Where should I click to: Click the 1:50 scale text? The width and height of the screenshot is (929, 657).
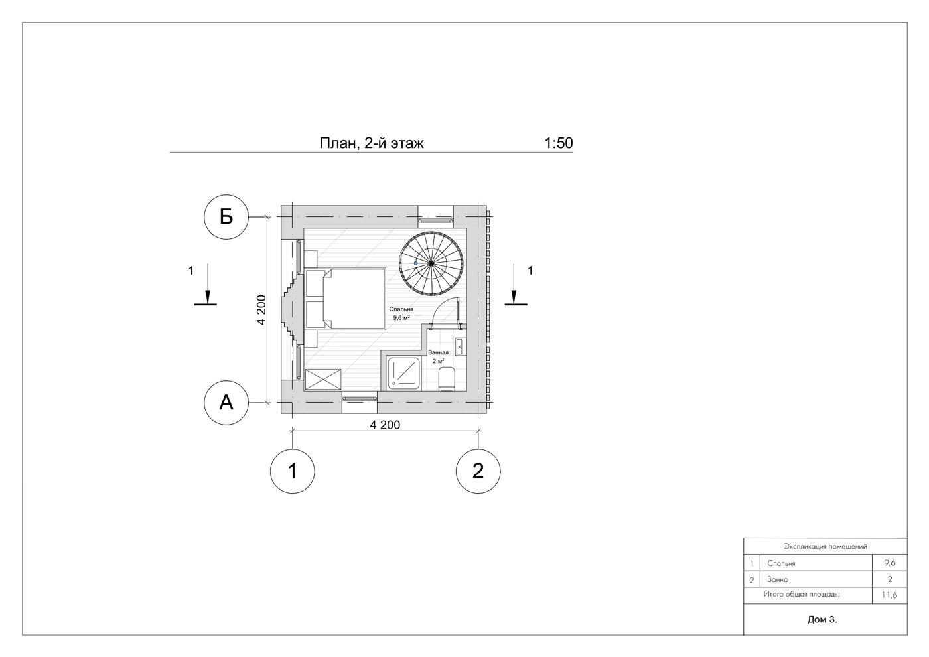click(558, 143)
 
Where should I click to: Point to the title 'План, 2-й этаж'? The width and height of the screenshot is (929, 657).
click(372, 143)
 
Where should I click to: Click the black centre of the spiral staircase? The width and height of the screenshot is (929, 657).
click(431, 263)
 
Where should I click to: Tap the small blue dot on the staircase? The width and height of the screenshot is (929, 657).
click(416, 263)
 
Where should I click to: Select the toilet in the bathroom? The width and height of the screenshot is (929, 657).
click(447, 379)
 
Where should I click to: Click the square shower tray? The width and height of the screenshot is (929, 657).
click(403, 374)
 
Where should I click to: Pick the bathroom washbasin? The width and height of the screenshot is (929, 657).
click(461, 346)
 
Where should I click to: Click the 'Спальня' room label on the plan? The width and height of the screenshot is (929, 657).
click(401, 309)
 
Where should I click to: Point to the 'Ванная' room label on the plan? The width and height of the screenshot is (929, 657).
click(439, 352)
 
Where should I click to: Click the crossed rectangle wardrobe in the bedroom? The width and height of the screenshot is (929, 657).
click(323, 379)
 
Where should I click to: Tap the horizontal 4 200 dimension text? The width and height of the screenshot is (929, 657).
click(385, 425)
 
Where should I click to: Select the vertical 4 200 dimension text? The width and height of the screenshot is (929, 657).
click(261, 309)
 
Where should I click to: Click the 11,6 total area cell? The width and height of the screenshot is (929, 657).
click(889, 595)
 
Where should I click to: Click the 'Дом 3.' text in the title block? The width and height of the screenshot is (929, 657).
click(822, 620)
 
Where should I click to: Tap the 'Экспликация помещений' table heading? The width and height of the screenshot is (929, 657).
click(825, 547)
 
